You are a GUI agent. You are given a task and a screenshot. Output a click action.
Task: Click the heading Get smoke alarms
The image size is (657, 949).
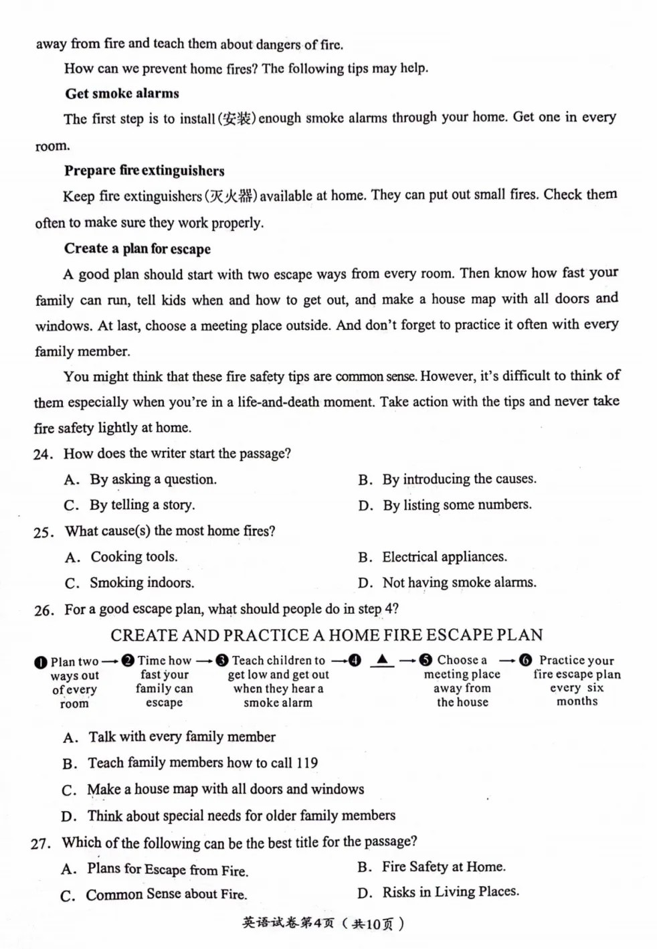pos(122,94)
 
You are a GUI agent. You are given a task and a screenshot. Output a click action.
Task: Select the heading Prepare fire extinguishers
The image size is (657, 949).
pos(144,171)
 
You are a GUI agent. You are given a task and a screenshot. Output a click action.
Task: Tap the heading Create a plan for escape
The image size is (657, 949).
pos(137,249)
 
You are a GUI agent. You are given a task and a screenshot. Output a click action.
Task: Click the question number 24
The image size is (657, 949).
pos(42,454)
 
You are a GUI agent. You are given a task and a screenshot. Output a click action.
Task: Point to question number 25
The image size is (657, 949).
pos(42,533)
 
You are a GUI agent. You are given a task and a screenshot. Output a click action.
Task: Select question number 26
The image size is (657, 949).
pos(43,610)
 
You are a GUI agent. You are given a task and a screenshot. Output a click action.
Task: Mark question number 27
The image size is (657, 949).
pos(40,843)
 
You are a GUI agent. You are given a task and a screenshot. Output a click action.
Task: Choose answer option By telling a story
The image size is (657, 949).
pos(143,505)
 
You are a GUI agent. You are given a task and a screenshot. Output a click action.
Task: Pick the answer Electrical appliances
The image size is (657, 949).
pos(444,557)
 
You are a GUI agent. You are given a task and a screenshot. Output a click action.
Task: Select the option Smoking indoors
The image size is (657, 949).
pos(142,583)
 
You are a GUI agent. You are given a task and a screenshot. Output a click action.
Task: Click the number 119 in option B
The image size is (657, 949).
pos(306,763)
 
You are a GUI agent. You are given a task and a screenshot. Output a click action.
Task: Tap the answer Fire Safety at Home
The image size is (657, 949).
pos(444,867)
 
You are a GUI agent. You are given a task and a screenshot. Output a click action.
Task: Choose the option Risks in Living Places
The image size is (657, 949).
pos(450,892)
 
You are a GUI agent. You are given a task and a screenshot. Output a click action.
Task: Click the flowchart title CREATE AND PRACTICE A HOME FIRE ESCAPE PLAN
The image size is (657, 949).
pos(326,635)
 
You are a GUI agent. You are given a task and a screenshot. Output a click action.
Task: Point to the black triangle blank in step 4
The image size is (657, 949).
pos(382,660)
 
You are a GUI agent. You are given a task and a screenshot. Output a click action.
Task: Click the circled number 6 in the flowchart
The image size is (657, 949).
pos(525,661)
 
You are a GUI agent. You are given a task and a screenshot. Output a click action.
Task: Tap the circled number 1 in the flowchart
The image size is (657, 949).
pos(41,663)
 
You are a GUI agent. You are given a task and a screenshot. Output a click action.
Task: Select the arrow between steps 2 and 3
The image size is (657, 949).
pos(204,661)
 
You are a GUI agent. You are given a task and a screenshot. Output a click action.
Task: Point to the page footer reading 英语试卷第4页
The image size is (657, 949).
pos(288,924)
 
